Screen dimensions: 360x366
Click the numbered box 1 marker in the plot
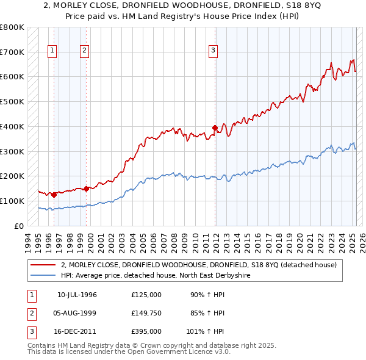(x=53, y=51)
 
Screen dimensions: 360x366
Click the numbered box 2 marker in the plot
(x=84, y=51)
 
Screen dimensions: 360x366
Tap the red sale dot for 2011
(x=215, y=128)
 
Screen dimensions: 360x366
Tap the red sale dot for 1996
(x=54, y=195)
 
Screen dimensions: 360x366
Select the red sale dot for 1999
(x=86, y=189)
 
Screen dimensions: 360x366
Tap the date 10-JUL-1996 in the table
(x=77, y=295)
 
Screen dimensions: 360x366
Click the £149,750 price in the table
(x=146, y=313)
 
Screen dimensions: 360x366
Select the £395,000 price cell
(x=146, y=331)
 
